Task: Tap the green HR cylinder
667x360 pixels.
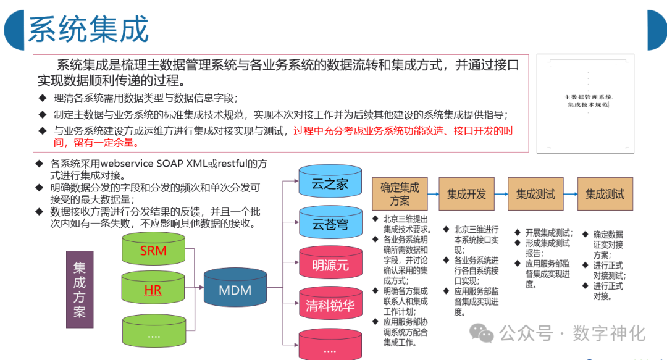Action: [153, 289]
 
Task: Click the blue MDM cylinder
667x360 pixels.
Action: [235, 288]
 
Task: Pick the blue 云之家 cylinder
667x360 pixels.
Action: [330, 183]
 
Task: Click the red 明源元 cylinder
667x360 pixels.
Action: [330, 266]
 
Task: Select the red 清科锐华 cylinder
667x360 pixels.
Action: [330, 305]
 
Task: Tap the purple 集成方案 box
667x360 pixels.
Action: [80, 289]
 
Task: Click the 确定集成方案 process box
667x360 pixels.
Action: [400, 193]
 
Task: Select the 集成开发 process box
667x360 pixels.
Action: [466, 194]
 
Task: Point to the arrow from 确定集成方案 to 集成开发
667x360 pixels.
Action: [433, 194]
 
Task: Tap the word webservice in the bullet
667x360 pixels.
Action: [126, 164]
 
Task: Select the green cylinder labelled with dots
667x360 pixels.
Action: [153, 333]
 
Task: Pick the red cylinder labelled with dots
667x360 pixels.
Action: [330, 346]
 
